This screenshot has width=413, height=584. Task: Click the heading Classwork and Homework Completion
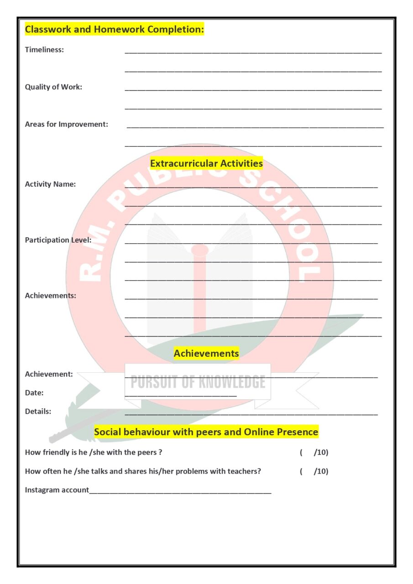(x=114, y=30)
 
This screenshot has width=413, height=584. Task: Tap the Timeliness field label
(x=44, y=50)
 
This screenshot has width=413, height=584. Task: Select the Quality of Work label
(x=53, y=87)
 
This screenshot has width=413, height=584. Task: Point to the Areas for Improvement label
(x=66, y=124)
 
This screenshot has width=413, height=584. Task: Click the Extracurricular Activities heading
(x=206, y=163)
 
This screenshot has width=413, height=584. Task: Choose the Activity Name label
(x=50, y=184)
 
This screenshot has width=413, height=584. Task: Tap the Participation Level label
(x=58, y=240)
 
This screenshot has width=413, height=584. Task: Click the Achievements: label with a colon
(x=50, y=295)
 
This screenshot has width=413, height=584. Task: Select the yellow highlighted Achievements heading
(x=206, y=353)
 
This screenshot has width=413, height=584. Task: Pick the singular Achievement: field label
(x=49, y=374)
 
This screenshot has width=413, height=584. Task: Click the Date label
(x=34, y=392)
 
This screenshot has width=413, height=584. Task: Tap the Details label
(x=38, y=411)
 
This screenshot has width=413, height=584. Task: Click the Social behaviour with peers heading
(x=206, y=432)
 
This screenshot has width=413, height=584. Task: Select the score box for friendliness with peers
(x=314, y=453)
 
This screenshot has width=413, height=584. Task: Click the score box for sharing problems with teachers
(x=314, y=471)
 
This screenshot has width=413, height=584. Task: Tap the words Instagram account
(x=57, y=490)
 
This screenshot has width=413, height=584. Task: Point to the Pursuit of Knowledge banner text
(x=198, y=381)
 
